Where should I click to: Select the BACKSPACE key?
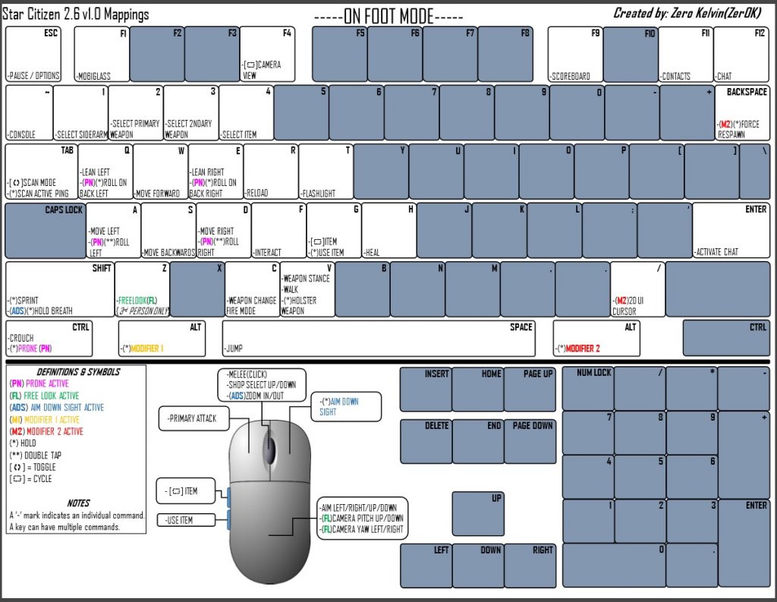(741, 112)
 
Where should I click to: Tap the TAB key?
(41, 171)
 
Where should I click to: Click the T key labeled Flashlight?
(326, 171)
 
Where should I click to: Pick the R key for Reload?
(271, 171)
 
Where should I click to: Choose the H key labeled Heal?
(389, 230)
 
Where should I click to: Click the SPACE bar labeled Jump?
(378, 339)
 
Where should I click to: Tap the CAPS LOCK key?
(45, 230)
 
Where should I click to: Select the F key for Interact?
(278, 230)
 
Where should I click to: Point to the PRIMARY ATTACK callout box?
(192, 418)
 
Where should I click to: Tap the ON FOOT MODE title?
(388, 16)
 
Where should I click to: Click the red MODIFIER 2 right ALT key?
(596, 339)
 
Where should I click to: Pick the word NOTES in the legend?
(78, 503)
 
